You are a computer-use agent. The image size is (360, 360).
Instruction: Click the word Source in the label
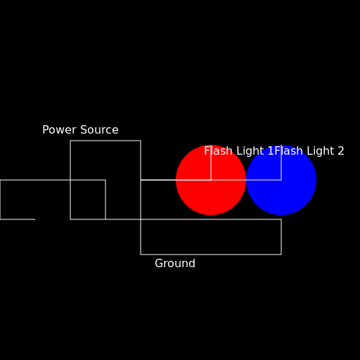tap(101, 130)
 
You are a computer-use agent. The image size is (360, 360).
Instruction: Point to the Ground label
tap(175, 264)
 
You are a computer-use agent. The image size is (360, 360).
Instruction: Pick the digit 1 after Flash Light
tap(271, 151)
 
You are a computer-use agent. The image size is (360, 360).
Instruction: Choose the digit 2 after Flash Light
tap(341, 151)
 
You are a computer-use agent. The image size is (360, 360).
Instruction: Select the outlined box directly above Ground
tap(211, 237)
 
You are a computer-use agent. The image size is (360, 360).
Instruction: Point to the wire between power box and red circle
tap(158, 180)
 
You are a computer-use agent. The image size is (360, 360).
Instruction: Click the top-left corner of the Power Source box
tap(70, 141)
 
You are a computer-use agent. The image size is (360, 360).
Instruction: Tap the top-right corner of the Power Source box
tap(141, 141)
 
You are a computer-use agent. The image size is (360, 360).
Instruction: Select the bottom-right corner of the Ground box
tap(281, 254)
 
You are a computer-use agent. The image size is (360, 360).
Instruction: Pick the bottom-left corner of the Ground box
tap(141, 254)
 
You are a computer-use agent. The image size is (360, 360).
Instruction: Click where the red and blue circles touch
tap(246, 180)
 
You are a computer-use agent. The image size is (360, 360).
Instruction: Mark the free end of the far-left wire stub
tap(34, 219)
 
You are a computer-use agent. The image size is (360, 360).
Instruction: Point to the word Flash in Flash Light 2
tap(288, 151)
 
